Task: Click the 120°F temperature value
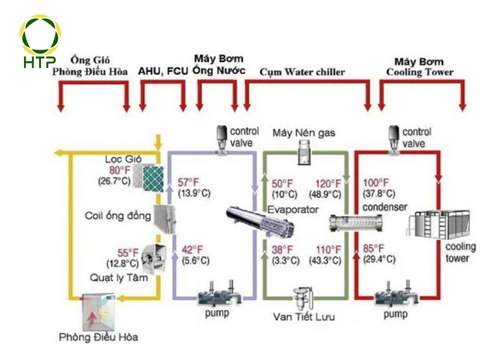click(328, 183)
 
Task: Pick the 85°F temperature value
click(374, 248)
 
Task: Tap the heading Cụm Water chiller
click(302, 72)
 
